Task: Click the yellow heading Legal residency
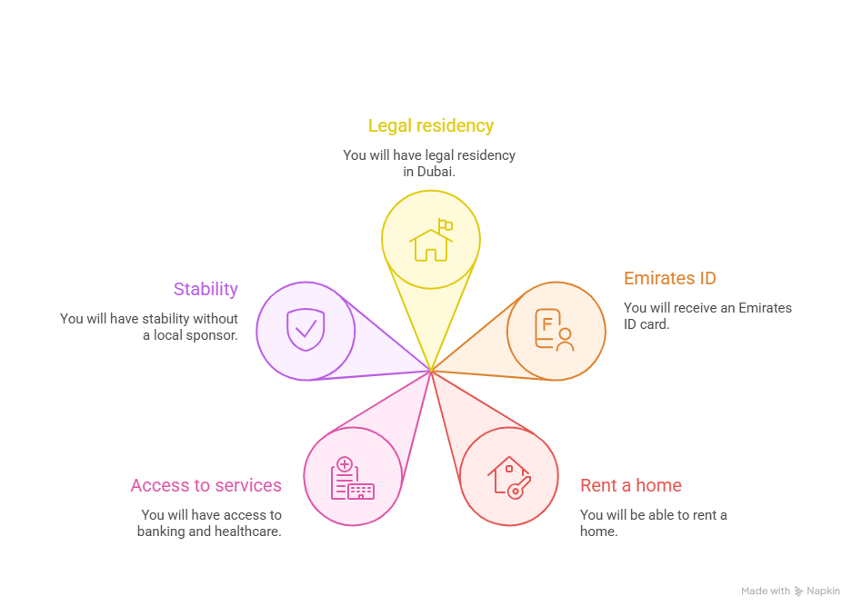(430, 126)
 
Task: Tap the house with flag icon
(431, 240)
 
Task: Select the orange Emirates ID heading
(670, 279)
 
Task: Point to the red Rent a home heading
(630, 485)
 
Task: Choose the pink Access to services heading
(205, 485)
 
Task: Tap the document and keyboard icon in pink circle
(352, 478)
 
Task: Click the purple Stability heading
(205, 289)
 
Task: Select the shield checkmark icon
(305, 330)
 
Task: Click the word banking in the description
(161, 531)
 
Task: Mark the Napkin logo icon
(799, 591)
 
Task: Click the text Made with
(765, 591)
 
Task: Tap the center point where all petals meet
(430, 371)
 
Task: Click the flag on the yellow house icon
(445, 224)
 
